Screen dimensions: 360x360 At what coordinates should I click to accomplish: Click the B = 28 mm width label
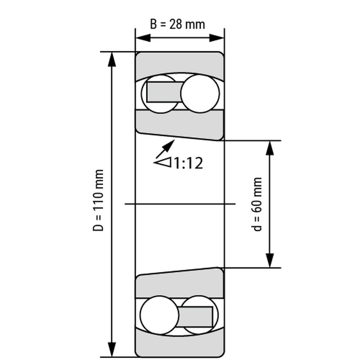pyautogui.click(x=177, y=24)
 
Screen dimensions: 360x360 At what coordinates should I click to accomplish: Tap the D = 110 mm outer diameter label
pyautogui.click(x=98, y=200)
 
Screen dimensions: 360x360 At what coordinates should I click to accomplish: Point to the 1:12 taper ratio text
pyautogui.click(x=188, y=163)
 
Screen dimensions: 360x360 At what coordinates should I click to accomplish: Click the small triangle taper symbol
pyautogui.click(x=164, y=162)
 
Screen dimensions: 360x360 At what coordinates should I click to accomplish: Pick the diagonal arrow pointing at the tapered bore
pyautogui.click(x=165, y=149)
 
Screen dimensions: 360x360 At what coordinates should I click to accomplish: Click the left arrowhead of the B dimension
pyautogui.click(x=143, y=38)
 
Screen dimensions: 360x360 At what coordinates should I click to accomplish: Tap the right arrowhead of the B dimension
pyautogui.click(x=217, y=38)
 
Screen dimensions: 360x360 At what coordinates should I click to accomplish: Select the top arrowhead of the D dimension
pyautogui.click(x=112, y=59)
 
